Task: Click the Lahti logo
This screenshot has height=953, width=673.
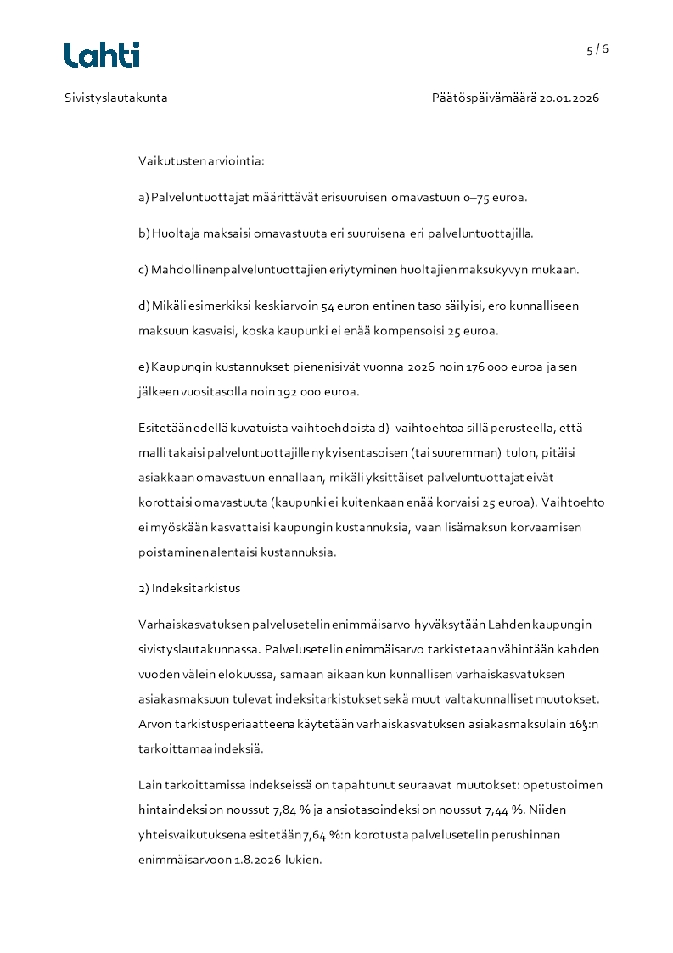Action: pyautogui.click(x=102, y=55)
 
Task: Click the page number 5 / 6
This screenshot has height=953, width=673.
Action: pyautogui.click(x=597, y=49)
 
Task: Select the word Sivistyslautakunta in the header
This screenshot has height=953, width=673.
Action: pyautogui.click(x=116, y=98)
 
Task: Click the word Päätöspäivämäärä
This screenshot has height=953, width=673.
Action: pyautogui.click(x=484, y=98)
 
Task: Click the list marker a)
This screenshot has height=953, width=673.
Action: pyautogui.click(x=143, y=198)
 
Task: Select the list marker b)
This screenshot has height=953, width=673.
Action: pyautogui.click(x=143, y=233)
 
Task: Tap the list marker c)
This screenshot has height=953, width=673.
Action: pyautogui.click(x=143, y=270)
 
